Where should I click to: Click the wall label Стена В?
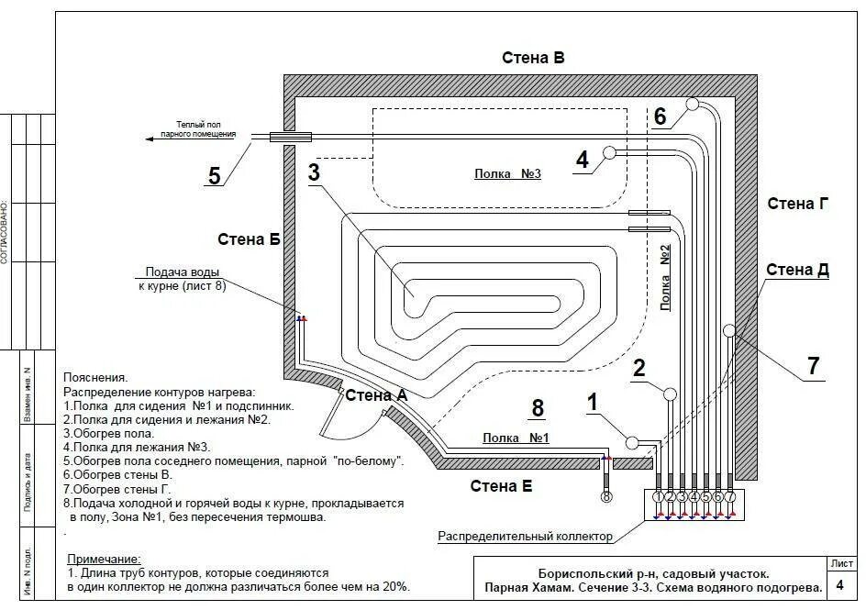coord(533,57)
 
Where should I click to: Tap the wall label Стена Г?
coord(797,204)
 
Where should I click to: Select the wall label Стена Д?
coord(797,270)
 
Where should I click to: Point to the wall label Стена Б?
coord(249,239)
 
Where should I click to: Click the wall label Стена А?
coord(376,395)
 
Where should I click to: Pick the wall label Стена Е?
coord(501,486)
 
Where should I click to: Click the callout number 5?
coord(215,176)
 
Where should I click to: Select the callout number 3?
coord(314,172)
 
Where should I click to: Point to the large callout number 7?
coord(813,365)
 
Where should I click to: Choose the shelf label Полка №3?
coord(507,173)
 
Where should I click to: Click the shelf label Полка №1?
coord(516,438)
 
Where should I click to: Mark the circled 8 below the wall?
coord(605,497)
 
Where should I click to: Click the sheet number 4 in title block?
coord(840,585)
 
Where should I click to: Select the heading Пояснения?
coord(96,377)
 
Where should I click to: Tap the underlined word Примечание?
coord(105,559)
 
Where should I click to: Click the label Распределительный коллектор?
coord(526,536)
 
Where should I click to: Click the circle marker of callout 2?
coord(670,394)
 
